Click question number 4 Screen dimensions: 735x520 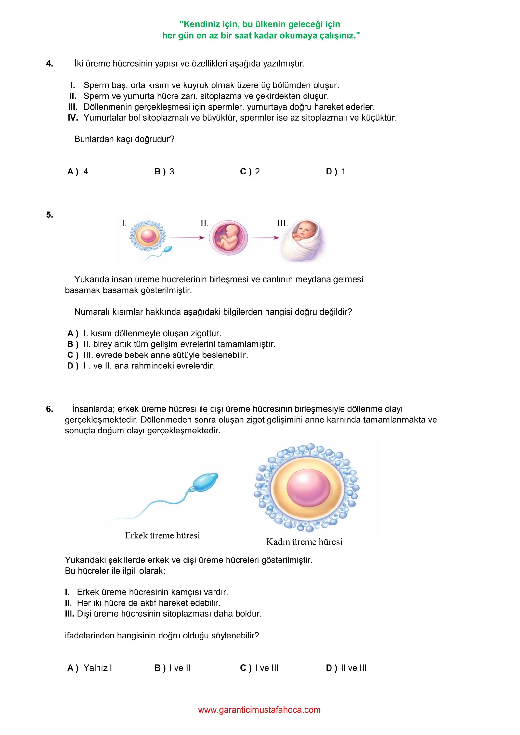(49, 64)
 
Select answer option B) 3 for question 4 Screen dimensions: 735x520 (164, 172)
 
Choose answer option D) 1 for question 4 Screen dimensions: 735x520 (335, 172)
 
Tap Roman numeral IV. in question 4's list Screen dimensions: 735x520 (73, 118)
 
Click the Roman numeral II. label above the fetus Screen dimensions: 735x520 (204, 223)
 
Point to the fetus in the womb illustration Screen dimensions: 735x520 (228, 238)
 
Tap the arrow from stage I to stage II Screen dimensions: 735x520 (187, 238)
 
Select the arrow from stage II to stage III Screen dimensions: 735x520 (265, 238)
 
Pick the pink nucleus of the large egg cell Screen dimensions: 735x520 (308, 489)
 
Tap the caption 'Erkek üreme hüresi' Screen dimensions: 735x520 (162, 535)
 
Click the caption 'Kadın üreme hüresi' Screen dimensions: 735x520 (304, 542)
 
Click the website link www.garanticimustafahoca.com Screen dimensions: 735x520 (259, 710)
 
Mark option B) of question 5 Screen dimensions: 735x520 (73, 344)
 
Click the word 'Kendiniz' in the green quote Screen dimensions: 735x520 (199, 24)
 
